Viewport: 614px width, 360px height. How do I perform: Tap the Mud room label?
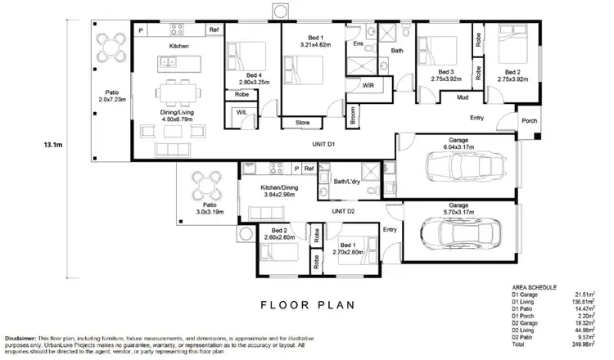[x=462, y=97]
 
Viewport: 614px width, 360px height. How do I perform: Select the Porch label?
[x=530, y=121]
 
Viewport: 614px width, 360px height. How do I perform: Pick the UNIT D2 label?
[x=343, y=211]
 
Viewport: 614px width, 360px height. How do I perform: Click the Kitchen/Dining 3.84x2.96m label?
[x=264, y=192]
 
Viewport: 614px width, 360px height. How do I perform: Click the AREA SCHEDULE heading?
[x=534, y=288]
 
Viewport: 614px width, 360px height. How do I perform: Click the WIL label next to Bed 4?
[x=242, y=112]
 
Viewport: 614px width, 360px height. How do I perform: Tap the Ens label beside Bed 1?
[x=358, y=43]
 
